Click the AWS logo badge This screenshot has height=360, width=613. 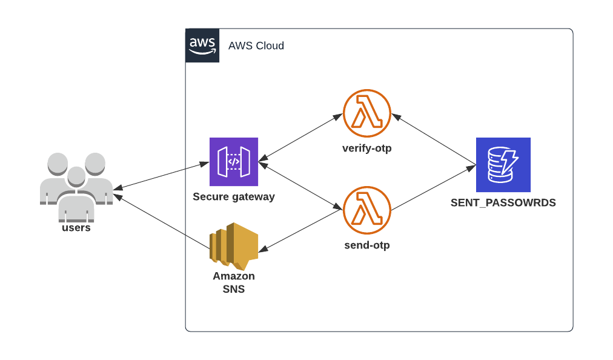click(x=202, y=45)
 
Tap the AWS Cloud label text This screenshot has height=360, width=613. click(x=256, y=46)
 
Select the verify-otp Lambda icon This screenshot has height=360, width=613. click(x=367, y=113)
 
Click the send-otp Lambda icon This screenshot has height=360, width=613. click(x=367, y=210)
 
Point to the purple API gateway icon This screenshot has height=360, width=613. click(x=234, y=162)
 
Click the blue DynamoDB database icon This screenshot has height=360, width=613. click(x=503, y=164)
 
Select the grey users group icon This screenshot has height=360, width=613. click(x=76, y=185)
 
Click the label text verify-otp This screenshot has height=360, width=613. click(x=367, y=148)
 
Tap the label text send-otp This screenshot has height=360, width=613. click(x=367, y=245)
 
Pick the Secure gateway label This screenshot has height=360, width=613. click(x=234, y=196)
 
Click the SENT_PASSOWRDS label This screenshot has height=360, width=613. click(x=503, y=202)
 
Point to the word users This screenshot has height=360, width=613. click(x=76, y=228)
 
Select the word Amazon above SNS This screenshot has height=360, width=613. click(x=233, y=276)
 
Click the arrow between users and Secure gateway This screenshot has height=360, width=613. click(x=161, y=175)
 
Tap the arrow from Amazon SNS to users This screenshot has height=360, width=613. click(x=161, y=222)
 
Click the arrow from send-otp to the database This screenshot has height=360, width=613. click(x=434, y=188)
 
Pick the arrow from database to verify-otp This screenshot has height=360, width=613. click(x=434, y=139)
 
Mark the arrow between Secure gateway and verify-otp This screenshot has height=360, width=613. click(x=300, y=138)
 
